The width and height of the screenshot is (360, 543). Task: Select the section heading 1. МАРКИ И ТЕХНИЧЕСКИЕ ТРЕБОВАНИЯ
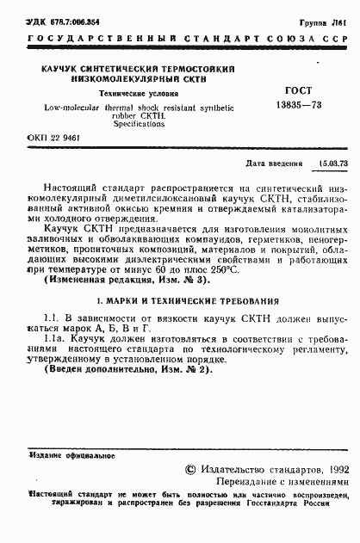(187, 302)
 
